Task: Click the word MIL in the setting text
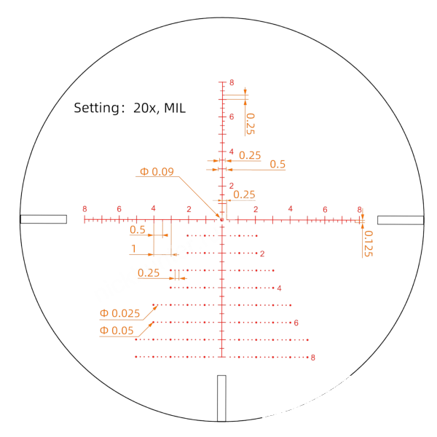click(x=175, y=108)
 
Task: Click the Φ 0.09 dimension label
click(x=157, y=171)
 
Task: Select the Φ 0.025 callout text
click(x=119, y=313)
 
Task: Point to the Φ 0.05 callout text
click(x=117, y=331)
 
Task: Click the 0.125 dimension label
click(x=369, y=243)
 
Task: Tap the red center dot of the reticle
click(x=222, y=220)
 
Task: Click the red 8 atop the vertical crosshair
click(x=232, y=82)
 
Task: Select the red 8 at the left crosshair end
click(x=84, y=209)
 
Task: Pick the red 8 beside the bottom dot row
click(x=313, y=358)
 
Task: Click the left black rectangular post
click(x=44, y=219)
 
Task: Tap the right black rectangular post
click(x=401, y=220)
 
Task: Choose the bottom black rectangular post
click(x=221, y=398)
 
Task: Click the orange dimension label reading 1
click(x=134, y=248)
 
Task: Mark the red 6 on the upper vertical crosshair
click(x=232, y=117)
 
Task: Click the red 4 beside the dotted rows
click(x=279, y=288)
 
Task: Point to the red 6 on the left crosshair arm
click(x=119, y=209)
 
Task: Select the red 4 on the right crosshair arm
click(x=291, y=209)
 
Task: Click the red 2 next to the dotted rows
click(x=262, y=253)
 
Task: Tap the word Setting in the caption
click(x=97, y=108)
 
